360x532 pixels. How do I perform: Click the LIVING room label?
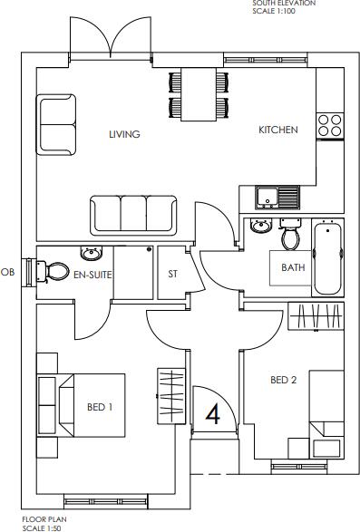coord(124,134)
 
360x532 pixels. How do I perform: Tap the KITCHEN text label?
coord(277,130)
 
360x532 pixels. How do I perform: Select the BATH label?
coord(293,267)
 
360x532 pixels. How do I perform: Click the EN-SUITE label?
coord(92,272)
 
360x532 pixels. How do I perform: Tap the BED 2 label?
coord(283,381)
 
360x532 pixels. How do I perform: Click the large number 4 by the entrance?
coord(214,415)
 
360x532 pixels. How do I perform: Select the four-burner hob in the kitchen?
coord(330,124)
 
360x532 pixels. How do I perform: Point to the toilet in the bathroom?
coord(291,235)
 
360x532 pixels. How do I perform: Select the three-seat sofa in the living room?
coord(134,214)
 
